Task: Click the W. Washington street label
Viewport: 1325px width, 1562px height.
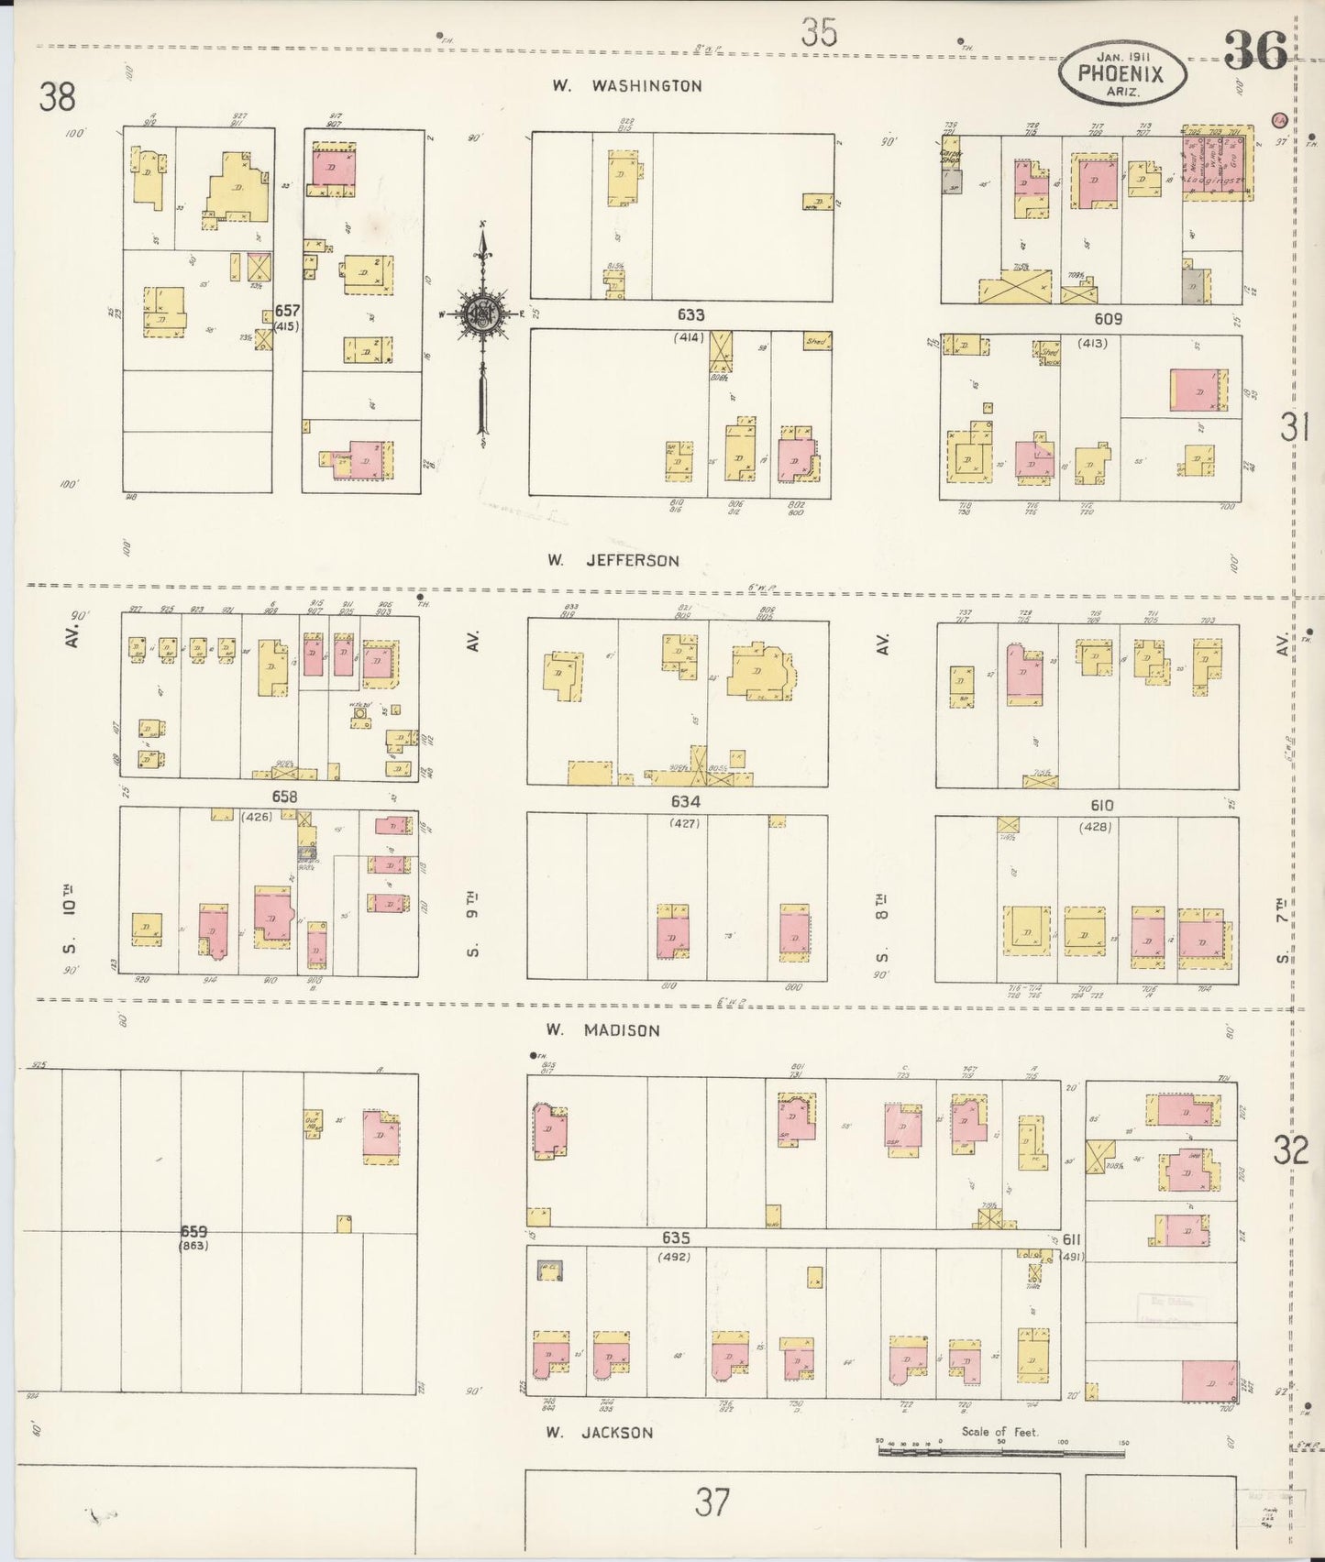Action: coord(627,86)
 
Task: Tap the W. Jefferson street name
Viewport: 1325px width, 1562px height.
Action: coord(613,560)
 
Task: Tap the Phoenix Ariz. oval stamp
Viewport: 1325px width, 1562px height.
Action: coord(1121,71)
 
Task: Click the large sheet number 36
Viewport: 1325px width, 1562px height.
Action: coord(1255,51)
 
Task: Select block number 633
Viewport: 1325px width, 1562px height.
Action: coord(690,315)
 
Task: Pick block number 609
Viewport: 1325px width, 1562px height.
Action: coord(1108,319)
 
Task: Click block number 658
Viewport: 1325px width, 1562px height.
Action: coord(284,797)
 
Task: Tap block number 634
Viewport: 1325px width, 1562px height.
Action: coord(686,801)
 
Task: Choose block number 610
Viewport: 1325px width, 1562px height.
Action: coord(1101,806)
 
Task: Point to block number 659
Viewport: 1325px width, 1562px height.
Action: coord(193,1231)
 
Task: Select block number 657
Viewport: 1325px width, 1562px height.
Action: coord(287,311)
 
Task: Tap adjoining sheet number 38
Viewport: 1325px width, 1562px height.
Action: coord(57,97)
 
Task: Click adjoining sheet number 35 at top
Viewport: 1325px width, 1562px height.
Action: coord(818,34)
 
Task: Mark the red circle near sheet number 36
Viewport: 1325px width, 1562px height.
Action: coord(1279,119)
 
